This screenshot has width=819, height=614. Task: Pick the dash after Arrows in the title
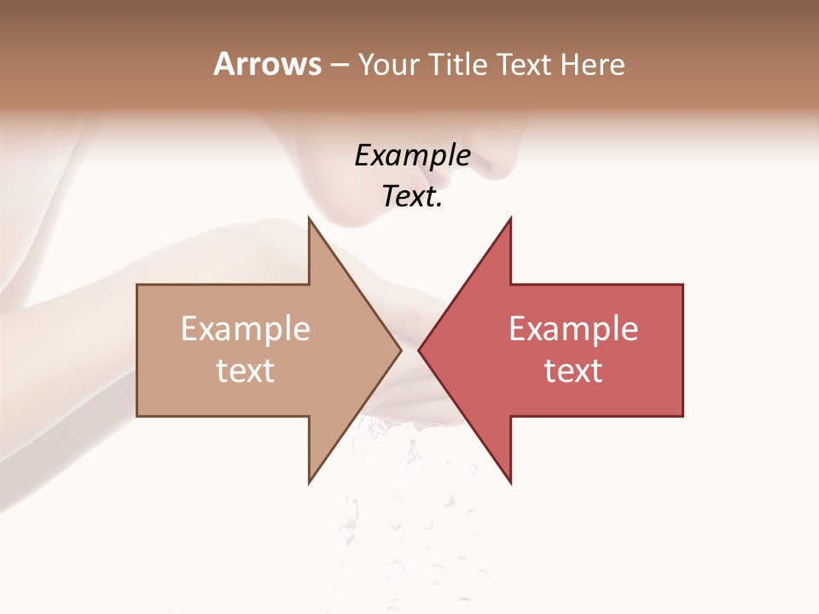tap(339, 65)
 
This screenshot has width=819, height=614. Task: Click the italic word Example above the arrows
tap(412, 156)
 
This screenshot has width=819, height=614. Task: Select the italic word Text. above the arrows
tap(412, 197)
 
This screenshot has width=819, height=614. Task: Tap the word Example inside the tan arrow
tap(245, 329)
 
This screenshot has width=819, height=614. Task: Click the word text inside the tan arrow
tap(245, 371)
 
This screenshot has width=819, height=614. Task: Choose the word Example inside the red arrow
tap(573, 329)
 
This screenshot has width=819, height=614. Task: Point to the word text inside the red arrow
tap(573, 371)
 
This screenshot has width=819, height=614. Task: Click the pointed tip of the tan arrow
tap(401, 350)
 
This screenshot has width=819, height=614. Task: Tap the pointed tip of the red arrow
tap(419, 350)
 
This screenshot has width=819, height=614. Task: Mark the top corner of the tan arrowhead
tap(309, 218)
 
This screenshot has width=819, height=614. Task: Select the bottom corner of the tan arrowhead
tap(309, 483)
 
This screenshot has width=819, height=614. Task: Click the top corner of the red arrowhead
tap(510, 218)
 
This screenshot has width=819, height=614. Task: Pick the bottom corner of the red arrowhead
tap(510, 483)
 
